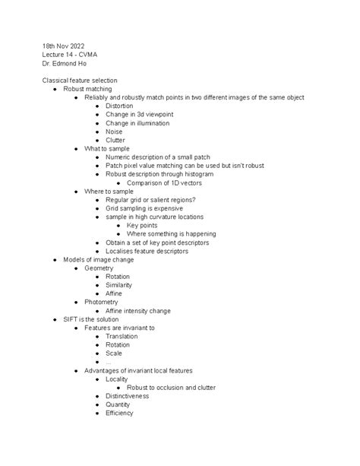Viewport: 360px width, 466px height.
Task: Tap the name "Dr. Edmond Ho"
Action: [65, 64]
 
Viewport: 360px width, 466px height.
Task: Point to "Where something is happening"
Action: [171, 234]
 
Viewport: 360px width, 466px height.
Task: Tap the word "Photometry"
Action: [101, 302]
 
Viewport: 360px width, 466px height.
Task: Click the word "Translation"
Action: [122, 336]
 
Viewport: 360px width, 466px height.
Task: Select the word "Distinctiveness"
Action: [128, 396]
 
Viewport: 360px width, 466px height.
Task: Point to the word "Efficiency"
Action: [119, 413]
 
